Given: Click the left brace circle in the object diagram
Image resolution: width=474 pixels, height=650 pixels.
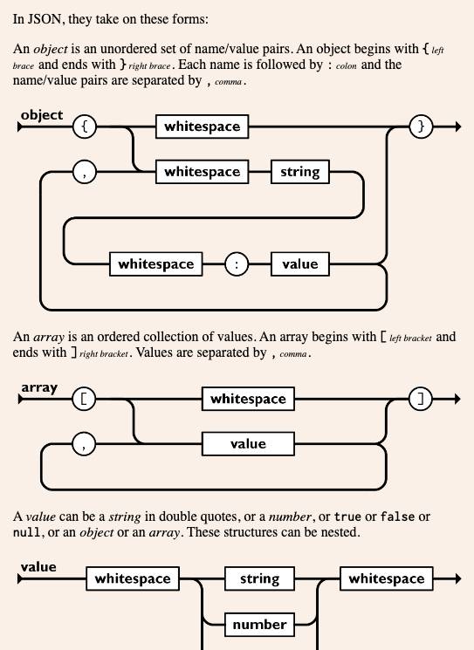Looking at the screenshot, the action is tap(85, 127).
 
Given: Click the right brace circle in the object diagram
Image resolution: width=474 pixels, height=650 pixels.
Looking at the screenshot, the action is tap(421, 127).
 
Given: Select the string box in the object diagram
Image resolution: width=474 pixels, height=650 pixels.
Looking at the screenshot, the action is tap(300, 172).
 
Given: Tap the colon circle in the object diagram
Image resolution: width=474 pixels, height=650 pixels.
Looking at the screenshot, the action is tap(237, 264).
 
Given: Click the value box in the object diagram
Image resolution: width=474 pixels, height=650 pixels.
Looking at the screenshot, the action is tap(300, 264).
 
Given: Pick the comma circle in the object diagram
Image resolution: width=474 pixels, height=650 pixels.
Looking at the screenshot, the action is tap(85, 172).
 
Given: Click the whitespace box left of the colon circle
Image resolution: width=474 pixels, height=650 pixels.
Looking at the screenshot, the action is tap(156, 264).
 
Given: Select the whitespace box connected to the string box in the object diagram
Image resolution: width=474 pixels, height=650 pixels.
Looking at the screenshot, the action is tap(203, 172).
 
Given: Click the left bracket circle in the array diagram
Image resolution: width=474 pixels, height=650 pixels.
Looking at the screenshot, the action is tap(84, 399).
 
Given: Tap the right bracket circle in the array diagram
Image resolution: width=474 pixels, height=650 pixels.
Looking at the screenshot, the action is tap(421, 399).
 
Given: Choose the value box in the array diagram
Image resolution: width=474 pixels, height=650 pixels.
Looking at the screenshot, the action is tap(249, 444).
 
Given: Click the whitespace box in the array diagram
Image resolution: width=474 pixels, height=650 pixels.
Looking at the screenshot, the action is tap(249, 399).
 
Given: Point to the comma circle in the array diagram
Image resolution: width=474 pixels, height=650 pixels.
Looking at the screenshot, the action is tap(84, 444).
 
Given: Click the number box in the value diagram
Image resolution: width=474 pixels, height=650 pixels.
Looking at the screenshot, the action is tap(259, 625).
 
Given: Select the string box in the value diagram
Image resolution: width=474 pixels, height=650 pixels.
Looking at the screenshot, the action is tap(259, 578).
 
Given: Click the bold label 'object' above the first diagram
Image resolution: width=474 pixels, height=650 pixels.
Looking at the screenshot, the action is tap(42, 115).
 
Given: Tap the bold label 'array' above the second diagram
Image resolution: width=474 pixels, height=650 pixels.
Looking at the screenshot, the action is tap(39, 388).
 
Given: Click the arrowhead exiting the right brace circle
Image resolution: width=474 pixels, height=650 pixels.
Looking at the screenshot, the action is tap(458, 127).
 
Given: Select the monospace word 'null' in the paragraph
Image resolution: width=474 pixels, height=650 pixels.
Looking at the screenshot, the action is tap(27, 532).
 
